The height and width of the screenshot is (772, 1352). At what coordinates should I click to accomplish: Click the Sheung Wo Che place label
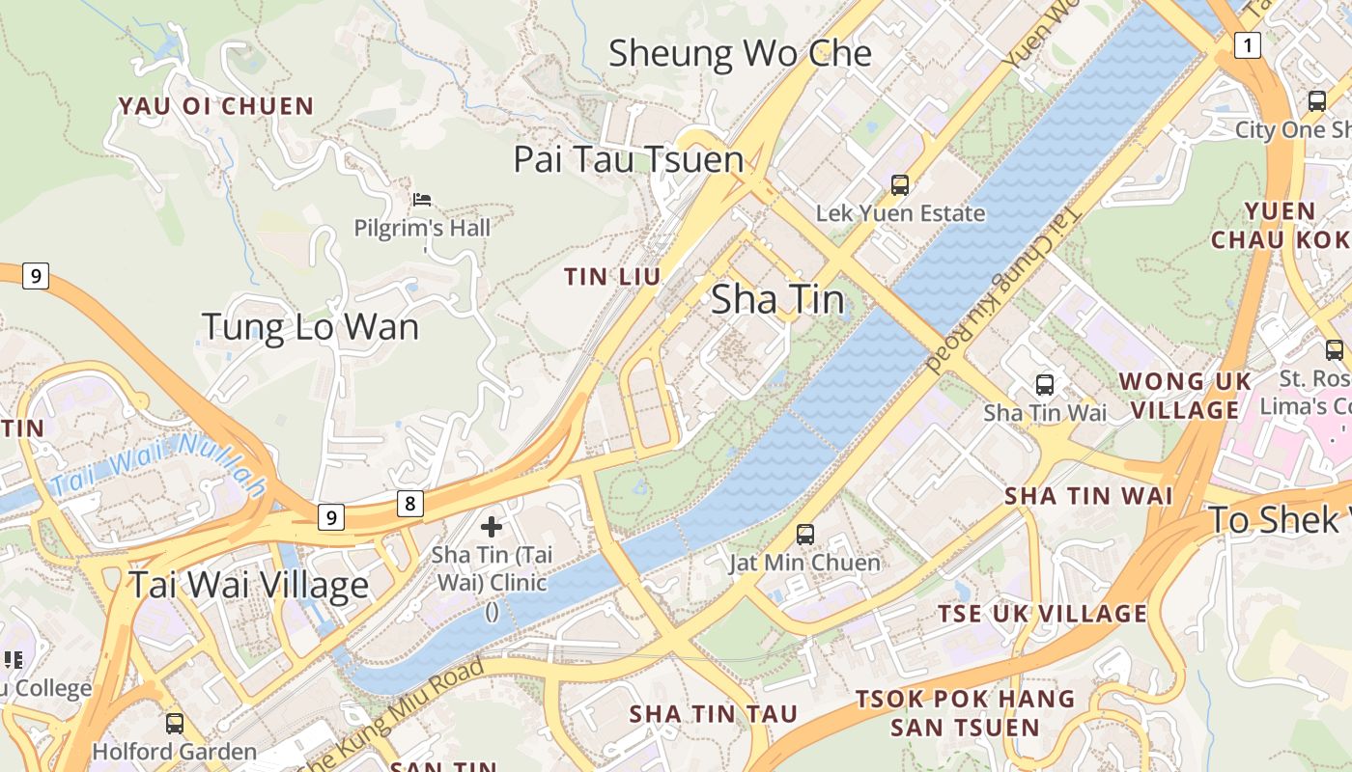(740, 54)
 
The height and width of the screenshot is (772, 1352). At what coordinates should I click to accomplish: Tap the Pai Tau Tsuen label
(629, 159)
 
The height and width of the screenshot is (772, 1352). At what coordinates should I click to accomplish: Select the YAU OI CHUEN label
(216, 106)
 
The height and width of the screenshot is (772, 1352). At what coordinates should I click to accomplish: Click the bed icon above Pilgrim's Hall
(422, 200)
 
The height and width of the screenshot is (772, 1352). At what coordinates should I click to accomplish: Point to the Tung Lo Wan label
(310, 327)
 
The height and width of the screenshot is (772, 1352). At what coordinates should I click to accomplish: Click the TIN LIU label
(612, 277)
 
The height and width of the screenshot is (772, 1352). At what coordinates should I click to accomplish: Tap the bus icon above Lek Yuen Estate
(900, 184)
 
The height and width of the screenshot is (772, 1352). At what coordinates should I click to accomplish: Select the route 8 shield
(410, 503)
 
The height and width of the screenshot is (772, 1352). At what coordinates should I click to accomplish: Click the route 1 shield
(1248, 44)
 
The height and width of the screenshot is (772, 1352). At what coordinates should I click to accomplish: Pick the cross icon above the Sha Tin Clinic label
(492, 527)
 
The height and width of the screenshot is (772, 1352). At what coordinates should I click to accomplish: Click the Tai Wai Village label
(248, 585)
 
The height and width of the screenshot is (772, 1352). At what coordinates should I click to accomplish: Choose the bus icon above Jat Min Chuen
(804, 534)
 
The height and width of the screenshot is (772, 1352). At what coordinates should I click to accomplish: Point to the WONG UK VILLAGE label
(1185, 396)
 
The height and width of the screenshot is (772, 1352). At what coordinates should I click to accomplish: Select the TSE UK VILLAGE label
(1042, 614)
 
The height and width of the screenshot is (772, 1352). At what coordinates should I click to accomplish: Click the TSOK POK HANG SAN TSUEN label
(965, 712)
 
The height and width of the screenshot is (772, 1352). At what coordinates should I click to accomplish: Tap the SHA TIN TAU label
(714, 714)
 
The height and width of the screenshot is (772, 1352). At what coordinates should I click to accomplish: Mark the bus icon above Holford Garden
(175, 723)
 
